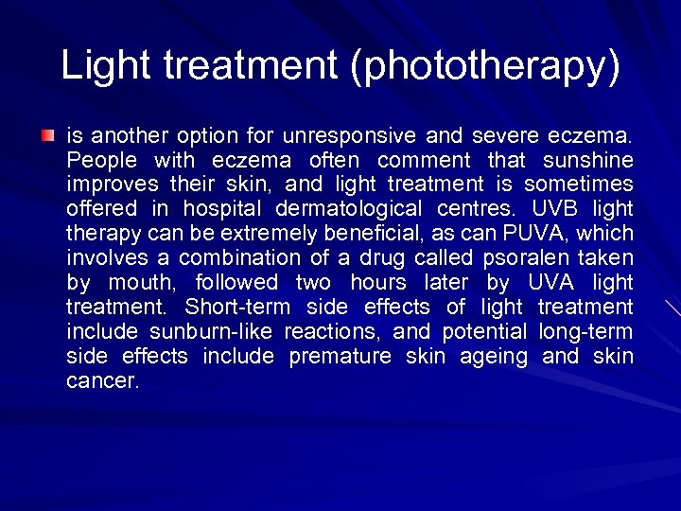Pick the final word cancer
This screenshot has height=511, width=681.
[103, 381]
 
